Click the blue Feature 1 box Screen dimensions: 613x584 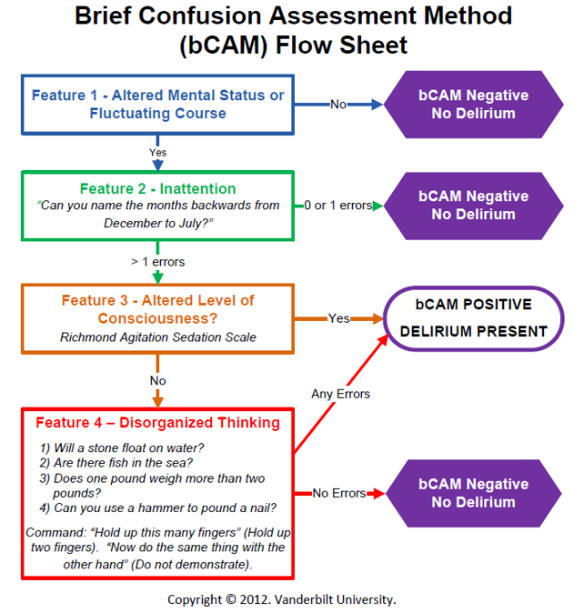(x=158, y=105)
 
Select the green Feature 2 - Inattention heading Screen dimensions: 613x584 (x=158, y=189)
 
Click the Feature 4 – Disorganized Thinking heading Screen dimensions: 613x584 (x=158, y=423)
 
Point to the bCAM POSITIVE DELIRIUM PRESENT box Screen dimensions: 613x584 (x=474, y=317)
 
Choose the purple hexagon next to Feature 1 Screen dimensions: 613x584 (x=473, y=105)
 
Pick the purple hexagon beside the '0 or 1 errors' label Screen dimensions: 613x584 (x=473, y=206)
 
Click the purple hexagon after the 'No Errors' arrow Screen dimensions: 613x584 (x=473, y=493)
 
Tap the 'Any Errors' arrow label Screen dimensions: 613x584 (x=340, y=394)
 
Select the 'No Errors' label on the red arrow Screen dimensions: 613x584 (x=338, y=493)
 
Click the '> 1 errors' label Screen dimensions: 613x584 (x=157, y=262)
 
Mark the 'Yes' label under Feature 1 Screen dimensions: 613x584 (x=157, y=152)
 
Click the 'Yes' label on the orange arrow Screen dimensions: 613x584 (x=338, y=318)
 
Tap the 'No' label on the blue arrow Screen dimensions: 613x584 (x=338, y=105)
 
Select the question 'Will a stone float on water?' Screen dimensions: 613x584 (x=122, y=447)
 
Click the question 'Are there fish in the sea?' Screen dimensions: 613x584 (x=116, y=462)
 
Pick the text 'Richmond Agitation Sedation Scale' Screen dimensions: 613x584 (x=158, y=337)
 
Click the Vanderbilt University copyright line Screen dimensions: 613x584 (x=281, y=599)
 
